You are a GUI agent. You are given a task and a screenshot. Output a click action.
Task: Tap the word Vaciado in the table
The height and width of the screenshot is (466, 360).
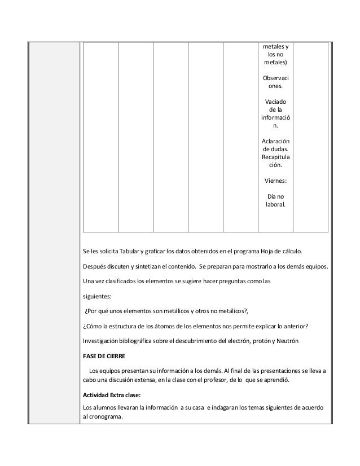pos(275,101)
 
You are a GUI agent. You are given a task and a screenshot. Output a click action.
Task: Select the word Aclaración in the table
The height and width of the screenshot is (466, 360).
pos(275,140)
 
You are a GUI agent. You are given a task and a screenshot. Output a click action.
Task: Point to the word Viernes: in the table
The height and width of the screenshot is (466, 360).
pos(275,181)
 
